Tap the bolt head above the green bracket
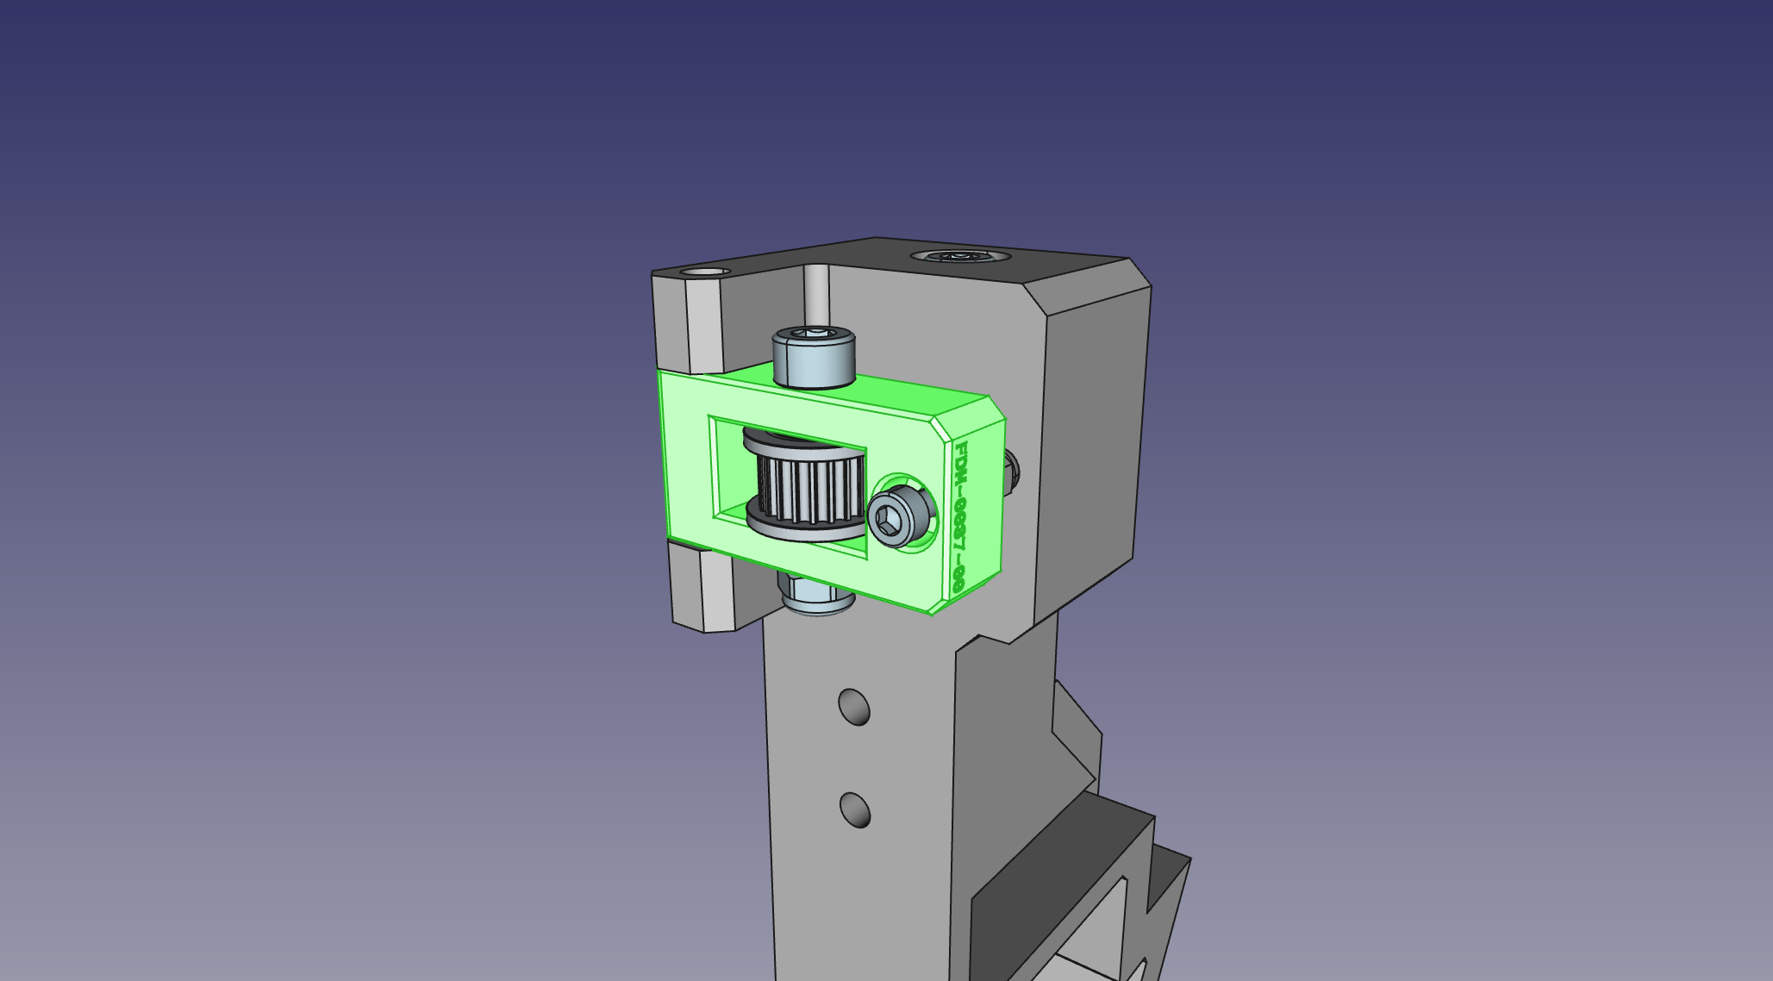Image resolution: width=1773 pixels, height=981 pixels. pos(813,355)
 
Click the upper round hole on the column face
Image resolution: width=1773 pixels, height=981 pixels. pos(853,707)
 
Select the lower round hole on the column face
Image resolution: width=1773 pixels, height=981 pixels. pos(854,810)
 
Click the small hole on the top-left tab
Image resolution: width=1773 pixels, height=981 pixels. pos(704,272)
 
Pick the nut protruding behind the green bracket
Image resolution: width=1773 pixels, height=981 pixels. pos(1012,473)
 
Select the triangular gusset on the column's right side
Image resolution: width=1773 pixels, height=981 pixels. pos(1075,733)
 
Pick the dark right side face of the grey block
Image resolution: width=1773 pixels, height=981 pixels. pos(1090,448)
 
